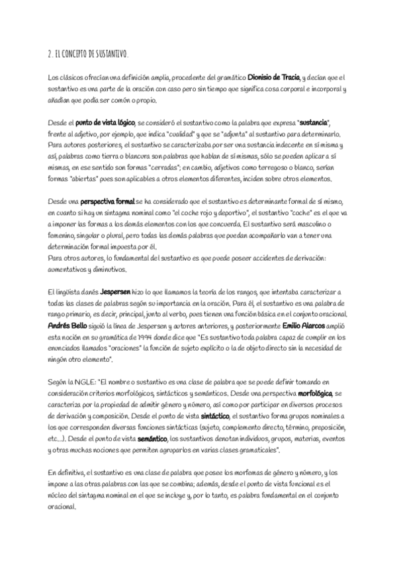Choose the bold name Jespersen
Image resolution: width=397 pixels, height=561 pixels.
tap(119, 292)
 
